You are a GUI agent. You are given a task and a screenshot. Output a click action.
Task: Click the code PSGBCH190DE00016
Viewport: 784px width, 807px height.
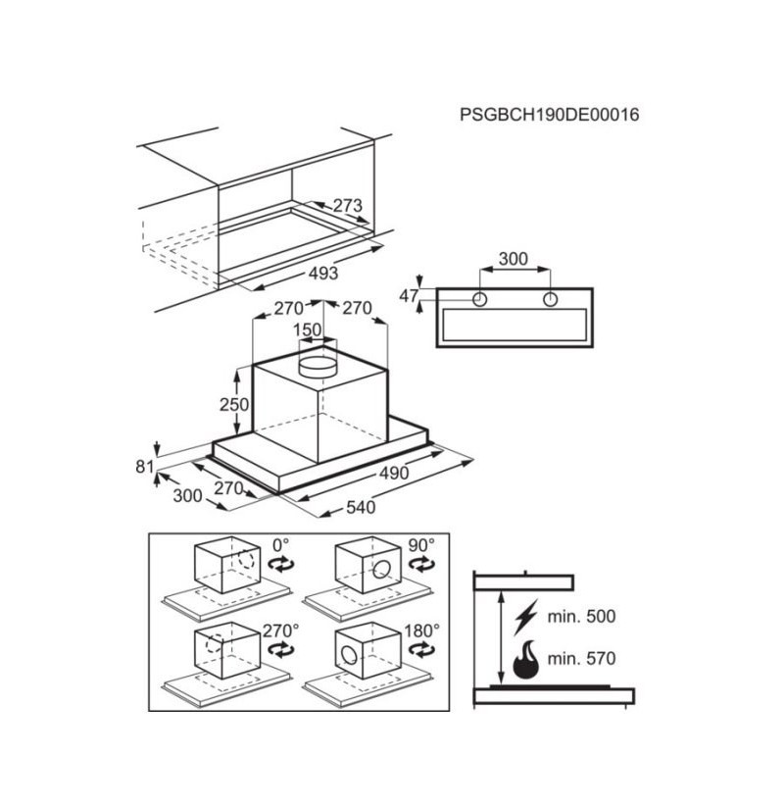pos(549,115)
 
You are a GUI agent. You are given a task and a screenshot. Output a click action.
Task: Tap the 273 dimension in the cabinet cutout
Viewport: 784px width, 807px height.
pos(348,205)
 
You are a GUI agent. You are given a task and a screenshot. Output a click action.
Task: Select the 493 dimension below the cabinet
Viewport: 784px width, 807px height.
pos(323,274)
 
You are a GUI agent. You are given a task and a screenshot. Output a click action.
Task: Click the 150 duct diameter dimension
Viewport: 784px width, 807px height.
pos(307,329)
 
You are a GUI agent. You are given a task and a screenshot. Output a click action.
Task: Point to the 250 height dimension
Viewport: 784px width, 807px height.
pos(234,405)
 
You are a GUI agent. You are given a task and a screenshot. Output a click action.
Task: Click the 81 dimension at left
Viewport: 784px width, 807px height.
pos(145,467)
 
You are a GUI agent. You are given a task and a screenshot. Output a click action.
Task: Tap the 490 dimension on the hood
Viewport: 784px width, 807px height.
pos(394,473)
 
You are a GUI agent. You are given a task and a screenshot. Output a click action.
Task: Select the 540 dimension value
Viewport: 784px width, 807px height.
pos(361,507)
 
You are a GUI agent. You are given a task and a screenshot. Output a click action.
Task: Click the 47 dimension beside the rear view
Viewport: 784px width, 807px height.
pos(409,296)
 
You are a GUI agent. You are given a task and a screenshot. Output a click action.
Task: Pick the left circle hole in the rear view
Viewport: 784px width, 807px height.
pos(479,299)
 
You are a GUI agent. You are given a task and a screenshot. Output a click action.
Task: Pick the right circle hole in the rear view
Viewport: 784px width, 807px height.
pos(551,299)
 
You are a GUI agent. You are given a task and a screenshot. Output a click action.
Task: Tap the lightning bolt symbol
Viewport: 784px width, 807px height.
pos(525,617)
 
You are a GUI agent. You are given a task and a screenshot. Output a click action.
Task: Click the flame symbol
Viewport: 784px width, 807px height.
pos(525,659)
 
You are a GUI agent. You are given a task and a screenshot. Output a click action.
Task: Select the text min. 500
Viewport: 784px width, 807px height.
pos(581,616)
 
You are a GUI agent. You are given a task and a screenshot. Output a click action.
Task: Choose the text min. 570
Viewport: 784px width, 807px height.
pos(581,658)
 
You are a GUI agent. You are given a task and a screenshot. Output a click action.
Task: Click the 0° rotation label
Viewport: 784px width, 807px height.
pos(281,544)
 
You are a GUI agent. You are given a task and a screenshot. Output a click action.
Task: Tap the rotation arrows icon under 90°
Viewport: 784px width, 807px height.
pos(421,565)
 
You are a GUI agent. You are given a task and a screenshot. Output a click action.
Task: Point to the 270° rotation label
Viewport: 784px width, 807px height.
pos(281,630)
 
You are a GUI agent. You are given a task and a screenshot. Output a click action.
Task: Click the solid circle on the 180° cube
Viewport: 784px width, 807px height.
pos(349,656)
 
